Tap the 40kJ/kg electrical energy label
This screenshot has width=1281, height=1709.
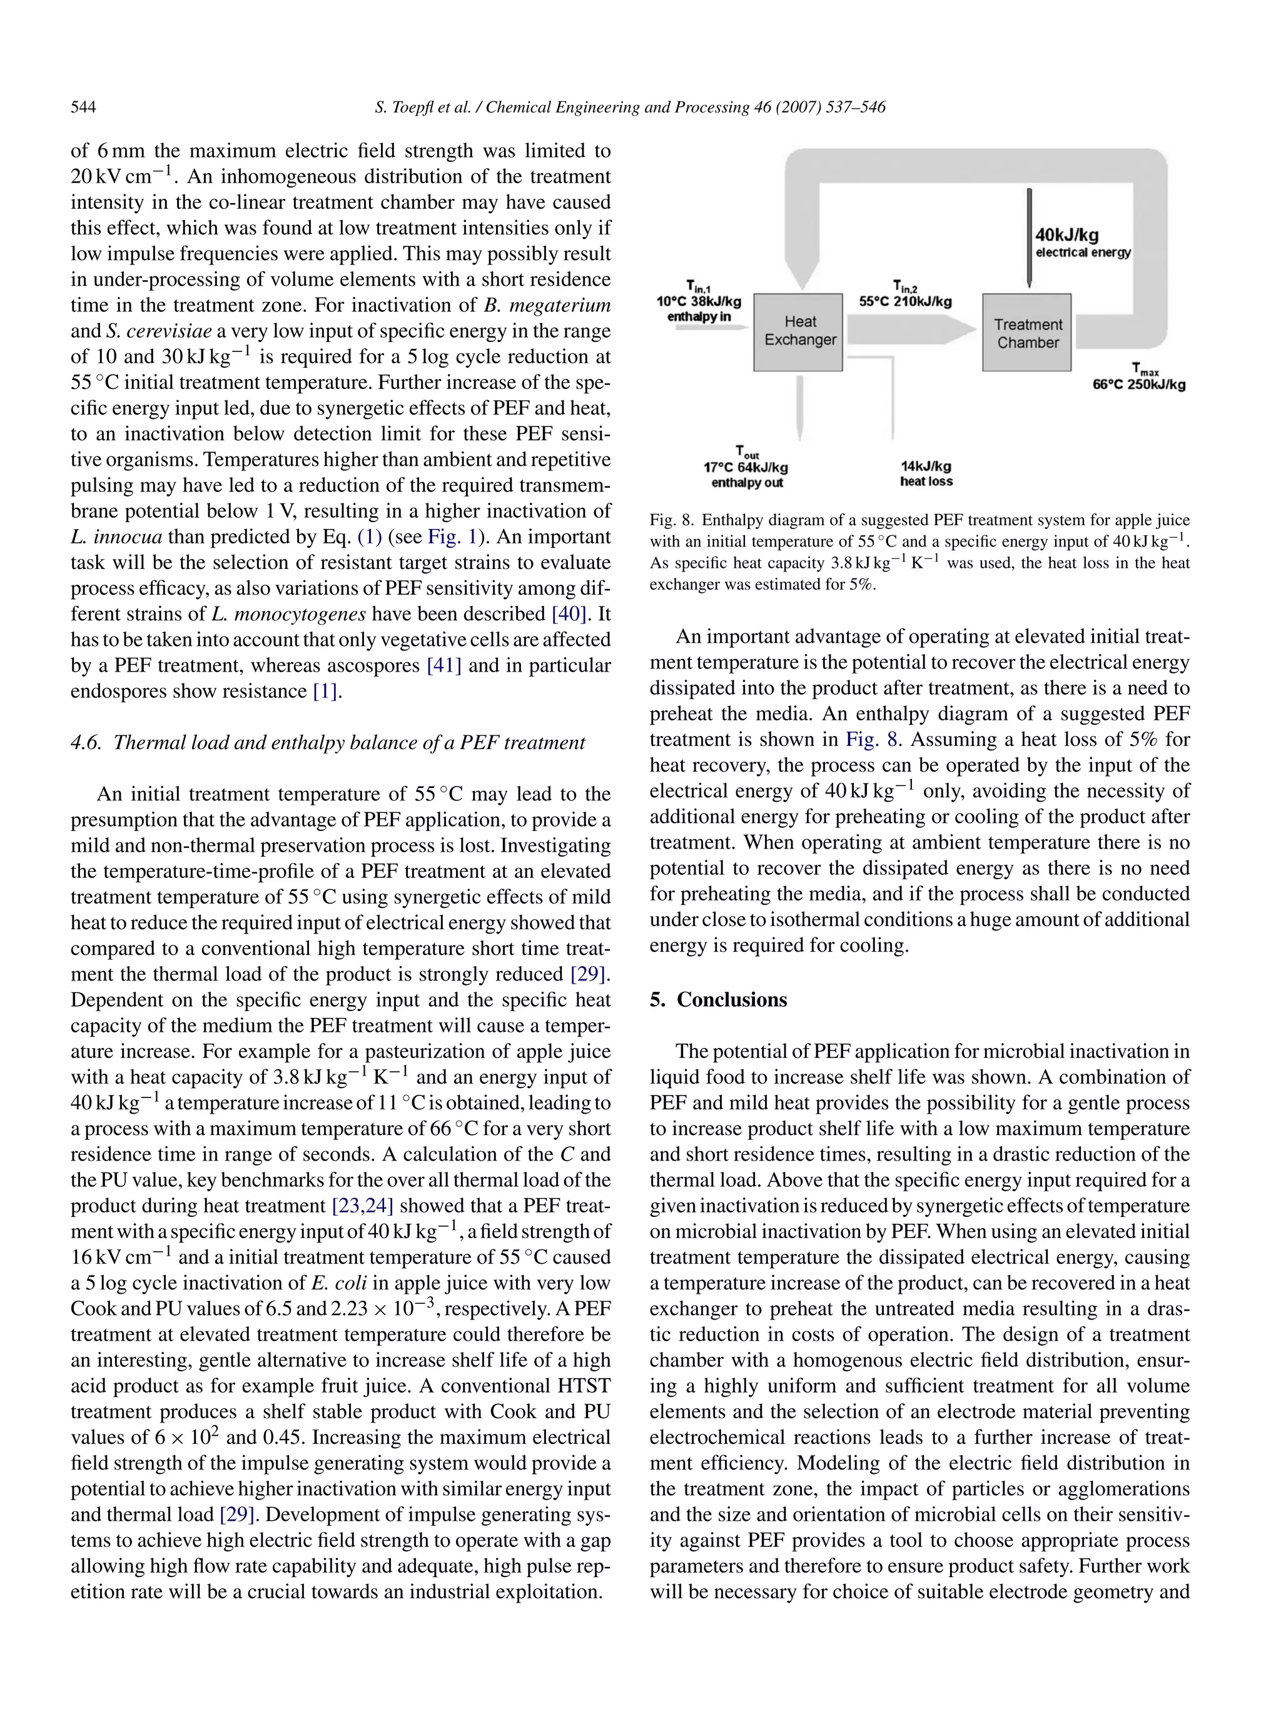click(x=1081, y=242)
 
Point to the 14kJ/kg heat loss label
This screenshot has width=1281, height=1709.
click(x=926, y=473)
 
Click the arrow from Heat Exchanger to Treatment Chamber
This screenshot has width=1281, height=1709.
click(x=912, y=332)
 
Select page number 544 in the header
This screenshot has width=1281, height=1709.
click(x=83, y=108)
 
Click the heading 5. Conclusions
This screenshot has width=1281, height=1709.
click(x=718, y=1000)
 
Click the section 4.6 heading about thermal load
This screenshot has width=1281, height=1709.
click(x=328, y=742)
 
